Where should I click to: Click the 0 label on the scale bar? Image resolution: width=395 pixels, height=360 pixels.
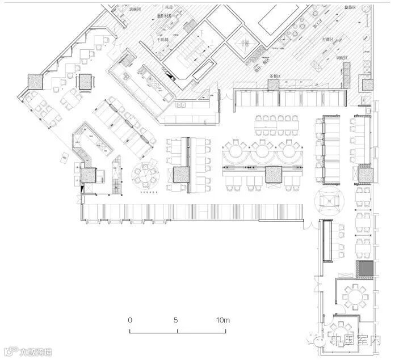click(130, 320)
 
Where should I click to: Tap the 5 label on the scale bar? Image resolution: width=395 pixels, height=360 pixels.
click(177, 320)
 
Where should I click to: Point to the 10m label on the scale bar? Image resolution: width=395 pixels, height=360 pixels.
click(222, 320)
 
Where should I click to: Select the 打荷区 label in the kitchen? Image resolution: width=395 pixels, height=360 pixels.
click(328, 40)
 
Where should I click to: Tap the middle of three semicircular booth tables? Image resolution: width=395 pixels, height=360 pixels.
click(263, 151)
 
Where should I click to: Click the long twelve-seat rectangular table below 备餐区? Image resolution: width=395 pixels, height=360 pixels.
click(277, 122)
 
